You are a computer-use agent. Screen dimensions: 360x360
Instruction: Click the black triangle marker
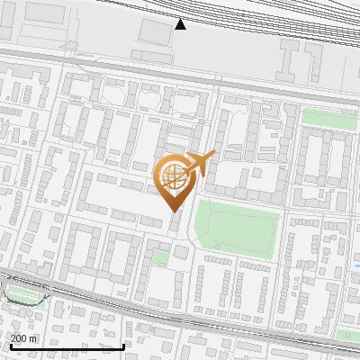pyautogui.click(x=181, y=24)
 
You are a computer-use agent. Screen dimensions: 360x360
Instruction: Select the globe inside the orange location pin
pyautogui.click(x=173, y=175)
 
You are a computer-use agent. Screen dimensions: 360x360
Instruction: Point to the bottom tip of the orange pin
pyautogui.click(x=174, y=210)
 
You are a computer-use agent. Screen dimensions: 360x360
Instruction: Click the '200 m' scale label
pyautogui.click(x=23, y=338)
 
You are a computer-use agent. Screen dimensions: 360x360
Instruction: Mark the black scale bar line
pyautogui.click(x=67, y=346)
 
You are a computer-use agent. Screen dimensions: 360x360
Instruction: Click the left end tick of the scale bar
pyautogui.click(x=10, y=345)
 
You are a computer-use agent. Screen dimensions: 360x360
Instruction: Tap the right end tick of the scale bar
pyautogui.click(x=123, y=345)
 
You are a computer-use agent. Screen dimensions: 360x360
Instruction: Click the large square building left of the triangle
pyautogui.click(x=156, y=31)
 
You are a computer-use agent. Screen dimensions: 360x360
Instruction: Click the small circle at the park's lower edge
pyautogui.click(x=218, y=247)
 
